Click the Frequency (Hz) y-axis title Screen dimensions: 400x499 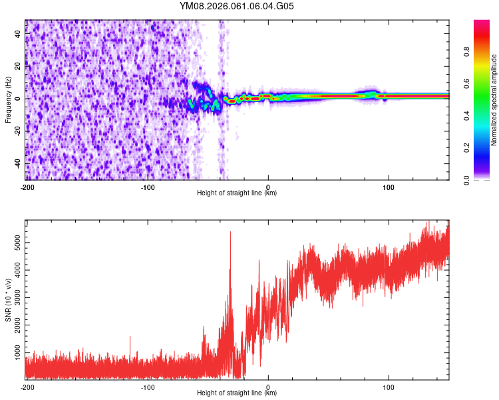coord(8,100)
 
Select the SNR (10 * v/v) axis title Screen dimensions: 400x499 coord(8,299)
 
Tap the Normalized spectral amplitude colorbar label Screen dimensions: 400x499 coord(494,100)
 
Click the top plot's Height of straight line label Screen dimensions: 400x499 coord(237,193)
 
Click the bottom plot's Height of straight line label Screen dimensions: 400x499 coord(237,393)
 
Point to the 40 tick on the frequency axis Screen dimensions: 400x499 coord(18,35)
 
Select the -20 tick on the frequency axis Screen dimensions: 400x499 coord(17,131)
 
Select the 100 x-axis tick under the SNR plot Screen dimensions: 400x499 coord(389,387)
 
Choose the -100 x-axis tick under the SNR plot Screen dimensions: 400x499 coord(148,387)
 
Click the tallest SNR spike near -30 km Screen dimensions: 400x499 coord(230,233)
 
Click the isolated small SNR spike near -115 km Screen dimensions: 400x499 coord(130,337)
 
